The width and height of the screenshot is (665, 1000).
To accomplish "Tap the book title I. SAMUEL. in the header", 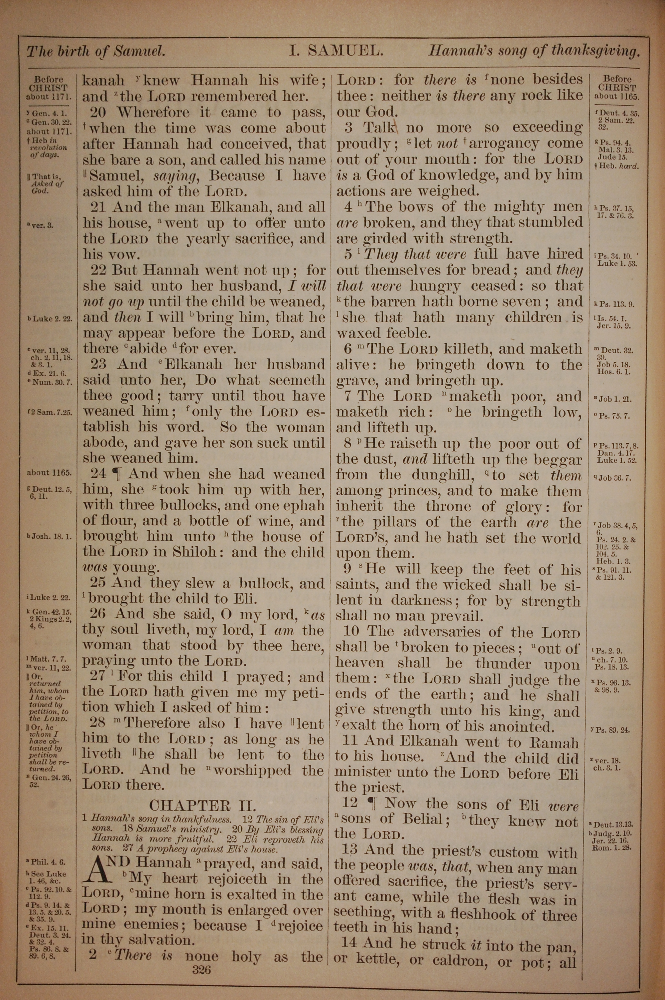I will click(x=336, y=51).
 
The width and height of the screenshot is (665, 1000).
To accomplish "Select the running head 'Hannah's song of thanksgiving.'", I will click(x=534, y=51).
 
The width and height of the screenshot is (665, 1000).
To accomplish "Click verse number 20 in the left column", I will click(x=100, y=112).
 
